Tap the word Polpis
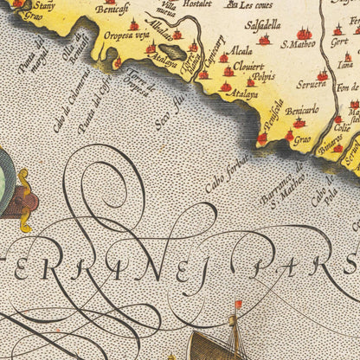point(263,76)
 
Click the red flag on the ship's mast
point(239,305)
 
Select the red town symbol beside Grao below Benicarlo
point(289,135)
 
